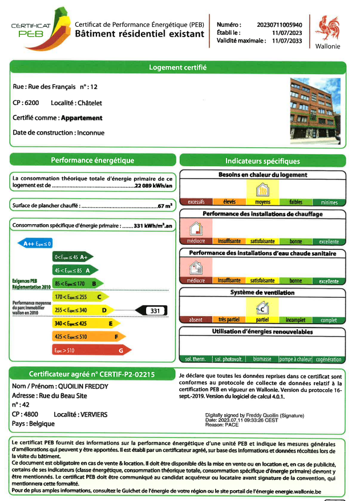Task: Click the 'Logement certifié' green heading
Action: point(177,67)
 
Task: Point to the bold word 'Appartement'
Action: point(82,118)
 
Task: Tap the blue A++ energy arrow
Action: point(37,244)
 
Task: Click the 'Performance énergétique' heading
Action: point(92,160)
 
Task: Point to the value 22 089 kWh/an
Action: point(154,186)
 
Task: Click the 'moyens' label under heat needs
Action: point(262,203)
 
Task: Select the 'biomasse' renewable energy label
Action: point(262,359)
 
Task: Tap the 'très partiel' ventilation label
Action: point(229,320)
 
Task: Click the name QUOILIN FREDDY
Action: point(83,386)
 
